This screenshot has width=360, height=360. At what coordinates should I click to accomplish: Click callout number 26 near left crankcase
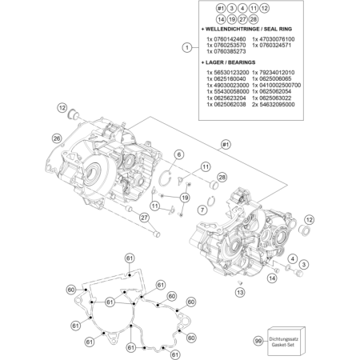[x=57, y=138]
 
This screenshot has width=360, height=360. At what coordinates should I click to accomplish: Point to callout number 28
[x=222, y=177]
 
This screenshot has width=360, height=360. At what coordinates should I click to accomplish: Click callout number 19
[x=184, y=198]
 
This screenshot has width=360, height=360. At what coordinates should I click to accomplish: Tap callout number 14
[x=273, y=278]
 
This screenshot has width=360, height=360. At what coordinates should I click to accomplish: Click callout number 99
[x=258, y=341]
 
